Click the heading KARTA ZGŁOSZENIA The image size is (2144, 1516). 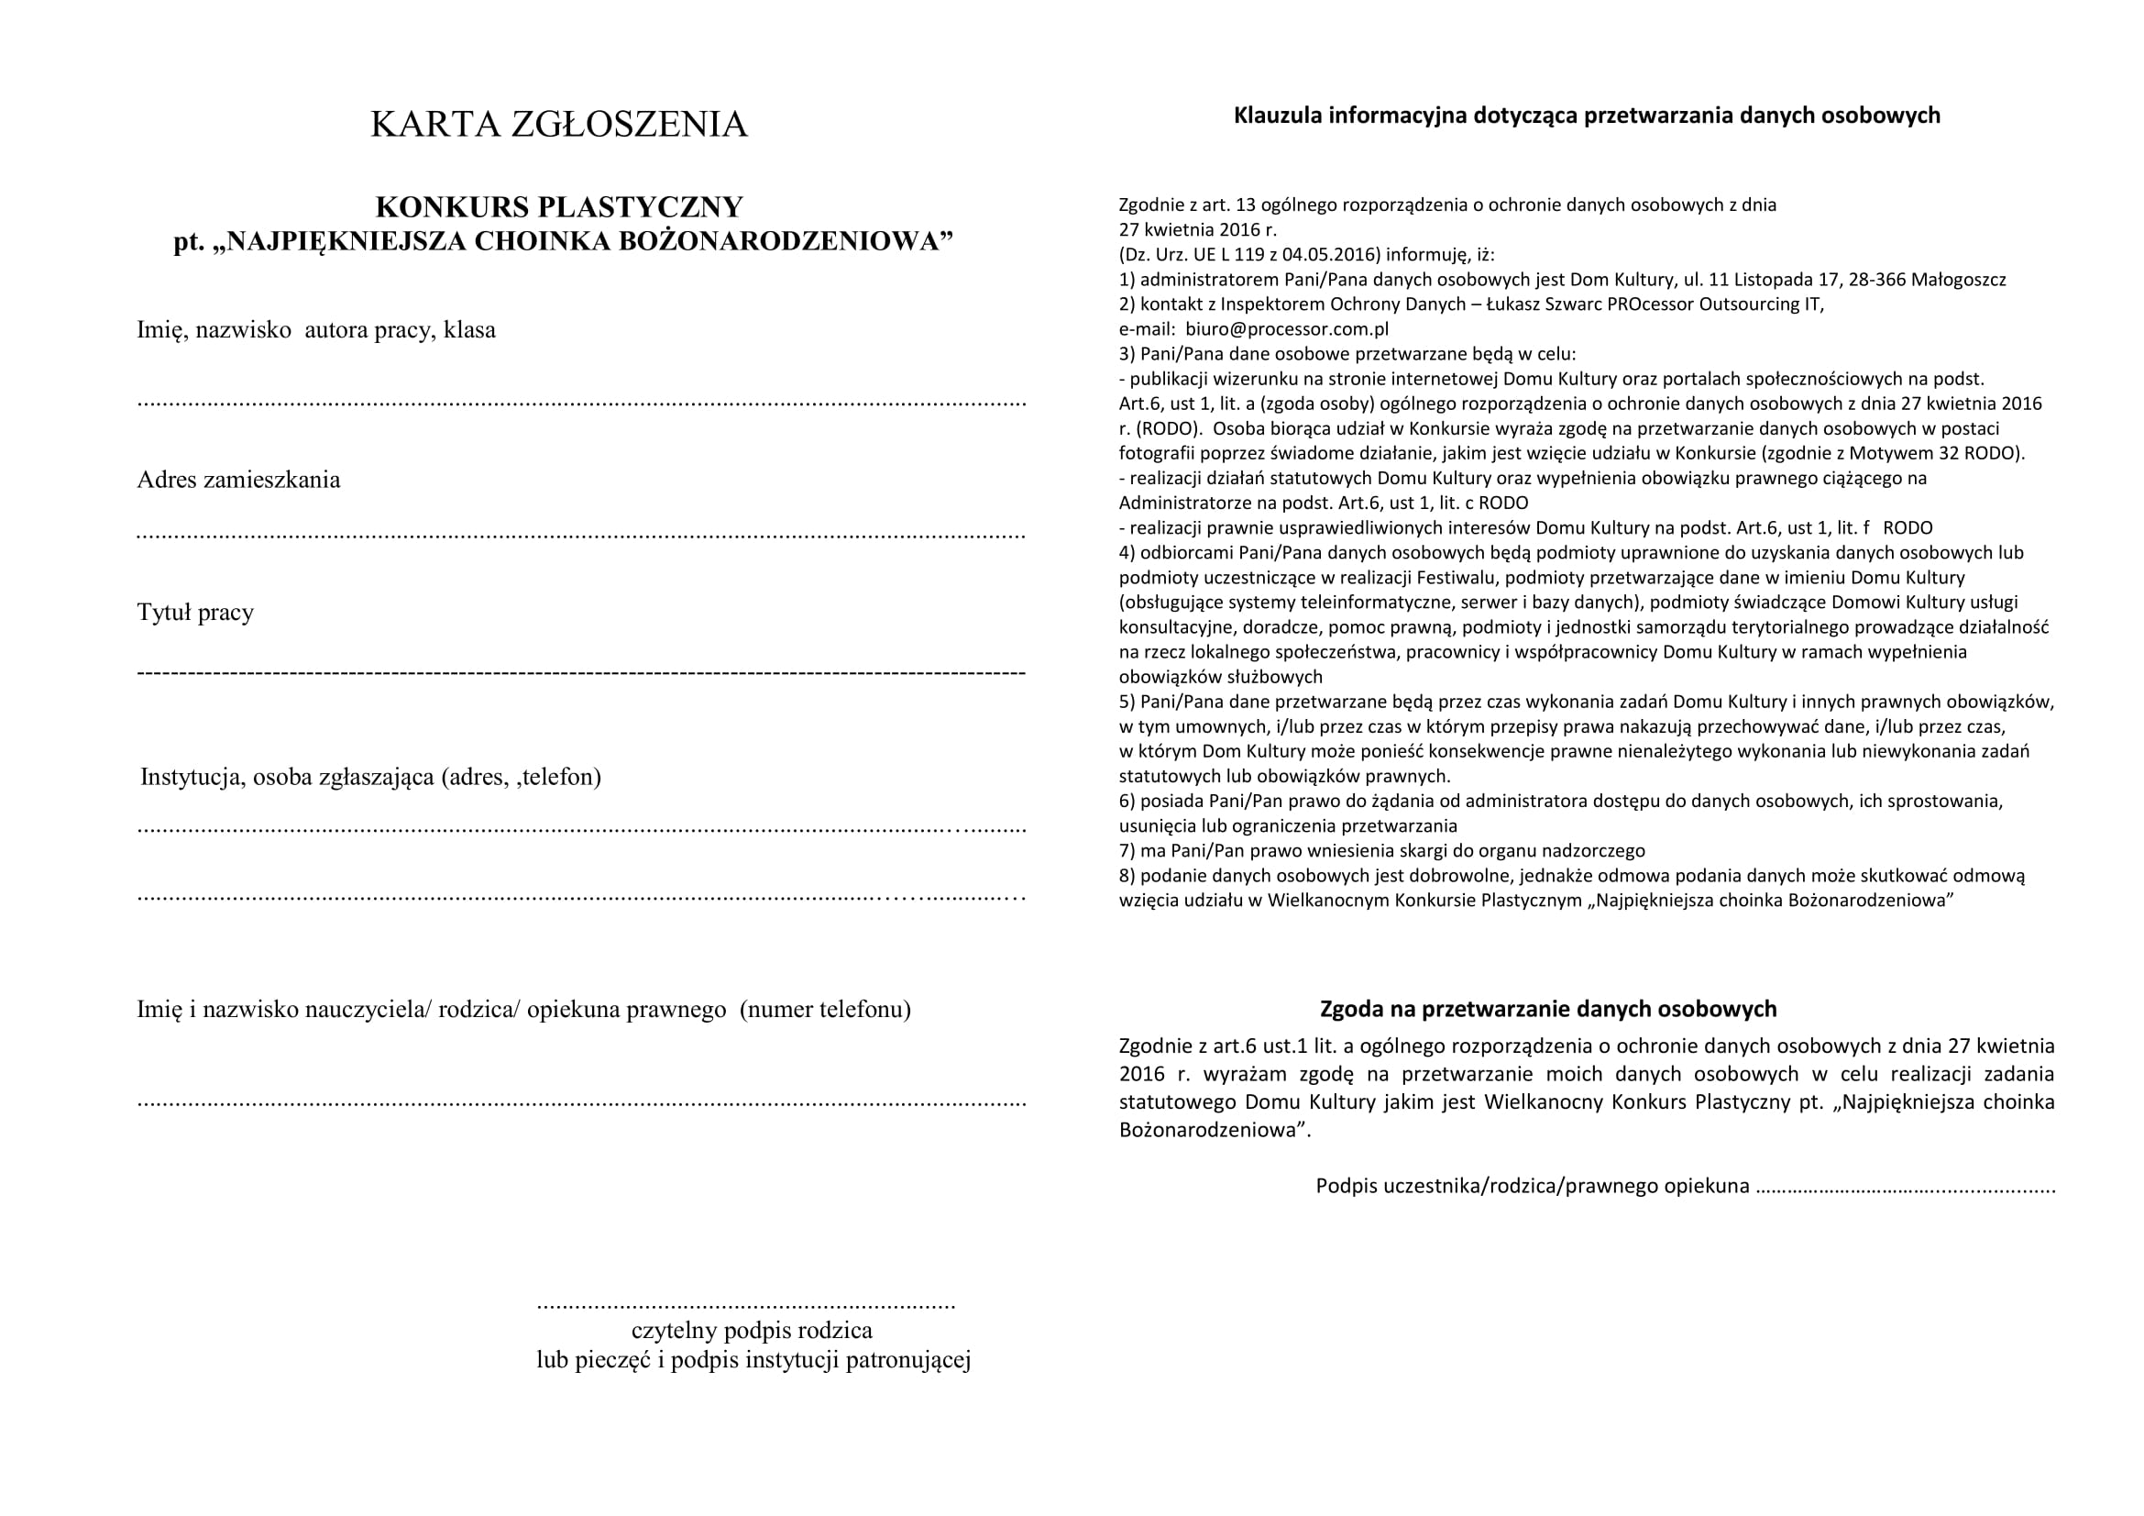pyautogui.click(x=558, y=124)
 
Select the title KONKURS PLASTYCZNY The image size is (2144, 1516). pyautogui.click(x=558, y=206)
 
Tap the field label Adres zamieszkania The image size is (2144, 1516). pyautogui.click(x=238, y=481)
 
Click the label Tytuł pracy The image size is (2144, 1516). pyautogui.click(x=195, y=613)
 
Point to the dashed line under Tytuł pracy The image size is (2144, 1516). pyautogui.click(x=581, y=672)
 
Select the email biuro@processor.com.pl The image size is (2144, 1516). pyautogui.click(x=1287, y=329)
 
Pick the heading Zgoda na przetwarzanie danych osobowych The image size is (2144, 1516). pyautogui.click(x=1547, y=1009)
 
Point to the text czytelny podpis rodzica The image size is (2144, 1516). pyautogui.click(x=752, y=1330)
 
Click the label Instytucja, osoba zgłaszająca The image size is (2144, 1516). pyautogui.click(x=369, y=777)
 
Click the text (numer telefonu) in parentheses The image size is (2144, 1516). pyautogui.click(x=826, y=1010)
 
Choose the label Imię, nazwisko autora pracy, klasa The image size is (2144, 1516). pyautogui.click(x=315, y=330)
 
